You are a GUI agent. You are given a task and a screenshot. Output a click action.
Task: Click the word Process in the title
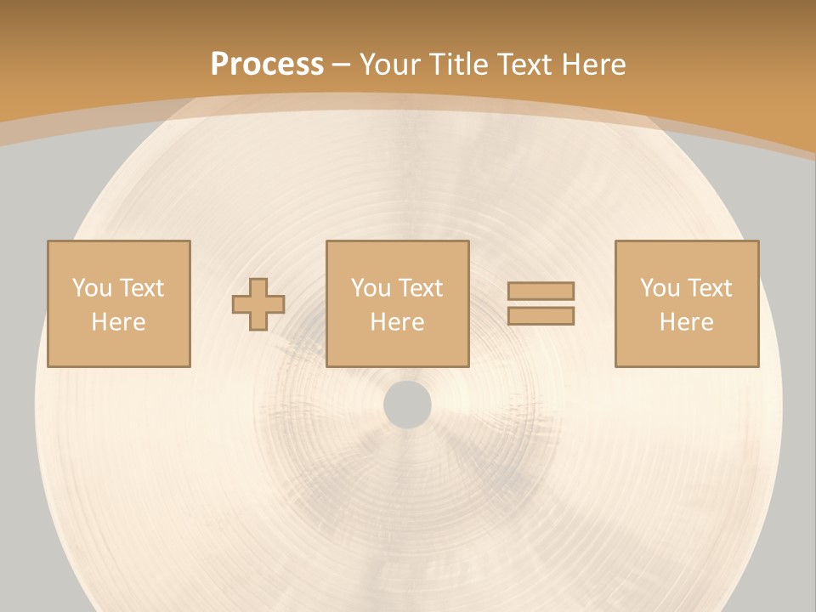point(267,65)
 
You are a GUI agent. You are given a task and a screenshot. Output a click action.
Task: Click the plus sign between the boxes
point(258,303)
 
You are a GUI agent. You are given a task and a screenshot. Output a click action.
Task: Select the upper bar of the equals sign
point(541,291)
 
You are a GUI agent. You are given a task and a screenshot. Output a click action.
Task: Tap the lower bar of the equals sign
point(541,316)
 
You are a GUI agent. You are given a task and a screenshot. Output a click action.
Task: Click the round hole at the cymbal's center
point(407,405)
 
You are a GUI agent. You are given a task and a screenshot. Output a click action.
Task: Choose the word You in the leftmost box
point(92,288)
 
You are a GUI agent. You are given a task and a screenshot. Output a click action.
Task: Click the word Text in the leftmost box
point(141,288)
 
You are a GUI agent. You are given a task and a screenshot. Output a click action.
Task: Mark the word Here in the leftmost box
point(118,322)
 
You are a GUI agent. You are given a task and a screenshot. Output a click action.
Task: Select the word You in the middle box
point(371,288)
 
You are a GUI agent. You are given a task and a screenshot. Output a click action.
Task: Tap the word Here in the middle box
point(397,322)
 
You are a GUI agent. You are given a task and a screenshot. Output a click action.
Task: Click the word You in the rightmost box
point(660,288)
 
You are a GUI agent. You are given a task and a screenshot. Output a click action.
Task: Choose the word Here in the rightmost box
point(686,322)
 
